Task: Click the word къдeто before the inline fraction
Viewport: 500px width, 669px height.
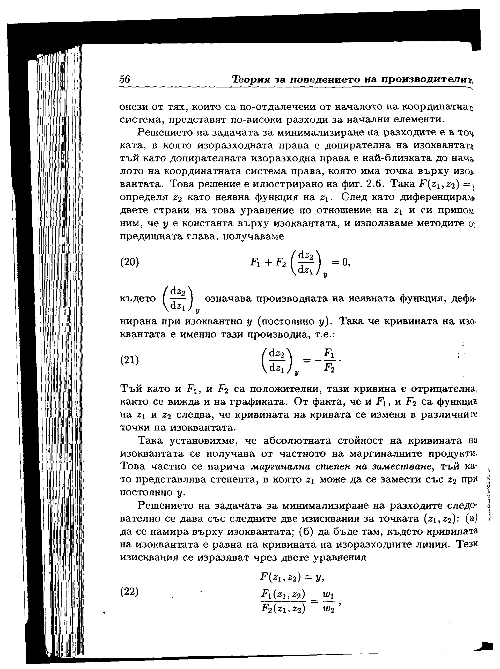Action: coord(138,299)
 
